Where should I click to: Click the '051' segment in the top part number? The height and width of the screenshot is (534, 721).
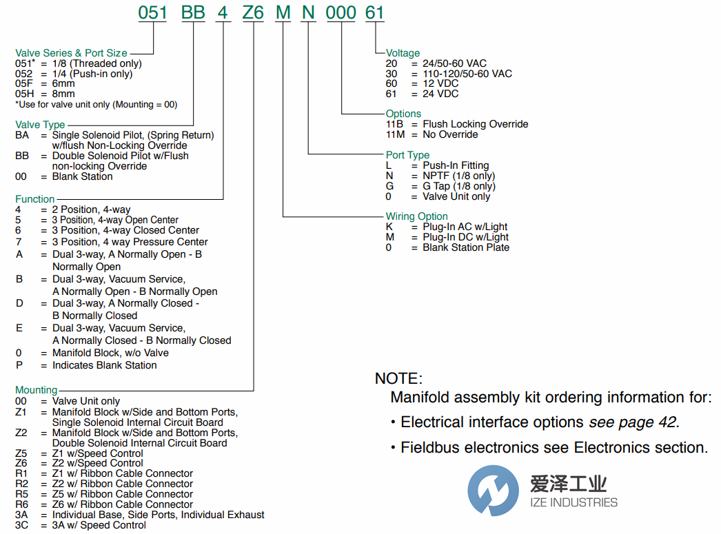tap(152, 13)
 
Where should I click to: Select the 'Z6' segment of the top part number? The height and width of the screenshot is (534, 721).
tap(254, 13)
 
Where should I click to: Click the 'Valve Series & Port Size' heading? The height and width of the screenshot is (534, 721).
tap(72, 53)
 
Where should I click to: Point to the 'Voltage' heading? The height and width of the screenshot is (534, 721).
tap(403, 53)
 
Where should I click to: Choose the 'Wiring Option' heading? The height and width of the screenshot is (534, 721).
tap(417, 216)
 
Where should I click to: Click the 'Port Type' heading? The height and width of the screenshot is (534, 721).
tap(407, 155)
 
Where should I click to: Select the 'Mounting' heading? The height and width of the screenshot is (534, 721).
tap(37, 390)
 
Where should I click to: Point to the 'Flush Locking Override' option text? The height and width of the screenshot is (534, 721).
tap(476, 124)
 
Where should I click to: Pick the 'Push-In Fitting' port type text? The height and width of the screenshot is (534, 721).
tap(456, 165)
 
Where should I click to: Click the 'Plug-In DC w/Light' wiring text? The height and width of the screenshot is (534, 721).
tap(465, 237)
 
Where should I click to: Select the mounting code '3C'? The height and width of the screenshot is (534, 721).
tap(22, 525)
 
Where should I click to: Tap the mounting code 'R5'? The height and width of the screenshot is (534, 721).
tap(22, 494)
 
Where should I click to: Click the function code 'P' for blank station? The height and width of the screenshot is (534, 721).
tap(19, 365)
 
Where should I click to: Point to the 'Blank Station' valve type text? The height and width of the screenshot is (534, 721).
tap(82, 176)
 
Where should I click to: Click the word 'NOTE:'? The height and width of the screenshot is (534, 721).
tap(397, 378)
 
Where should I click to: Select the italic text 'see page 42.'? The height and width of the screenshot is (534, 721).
tap(633, 422)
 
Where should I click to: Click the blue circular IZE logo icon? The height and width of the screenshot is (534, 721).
tap(493, 491)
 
